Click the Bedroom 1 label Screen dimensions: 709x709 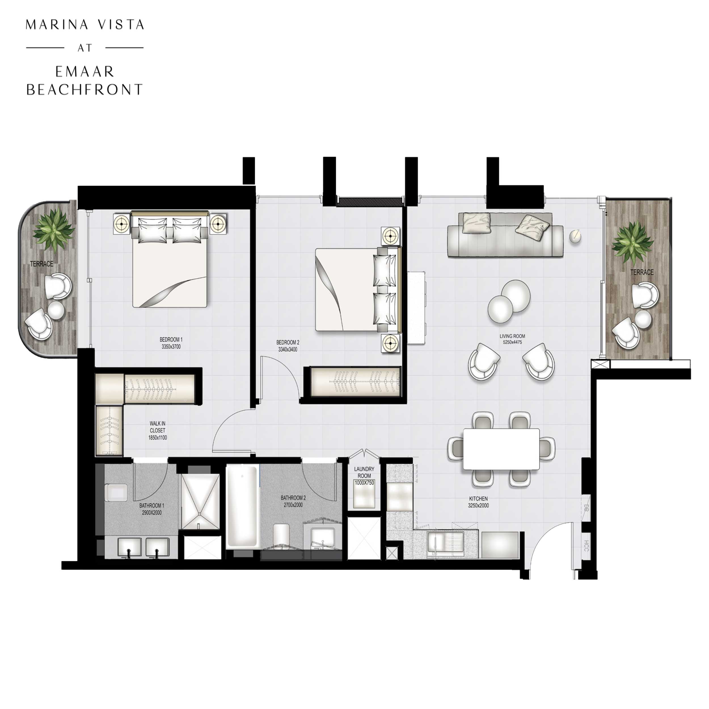[171, 339]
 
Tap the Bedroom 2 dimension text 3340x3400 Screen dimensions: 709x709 [288, 350]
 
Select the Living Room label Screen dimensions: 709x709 [512, 336]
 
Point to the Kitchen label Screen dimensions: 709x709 [478, 499]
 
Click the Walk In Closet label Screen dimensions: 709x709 [157, 427]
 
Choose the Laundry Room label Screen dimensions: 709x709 [364, 472]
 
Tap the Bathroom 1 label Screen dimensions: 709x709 [151, 506]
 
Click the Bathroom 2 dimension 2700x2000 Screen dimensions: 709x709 [293, 505]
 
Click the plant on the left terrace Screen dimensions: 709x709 [54, 230]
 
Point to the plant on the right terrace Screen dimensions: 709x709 [632, 241]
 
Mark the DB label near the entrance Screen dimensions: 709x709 [586, 508]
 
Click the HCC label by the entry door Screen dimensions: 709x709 [586, 546]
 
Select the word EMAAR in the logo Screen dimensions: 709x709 [85, 72]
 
